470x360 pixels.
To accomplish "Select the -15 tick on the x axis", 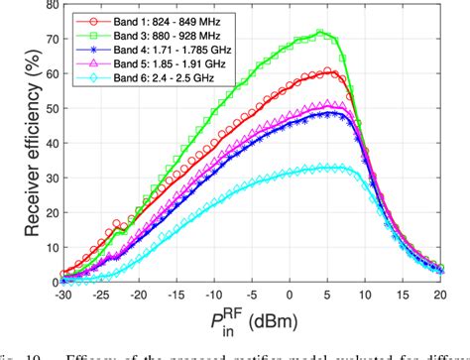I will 181,296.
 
